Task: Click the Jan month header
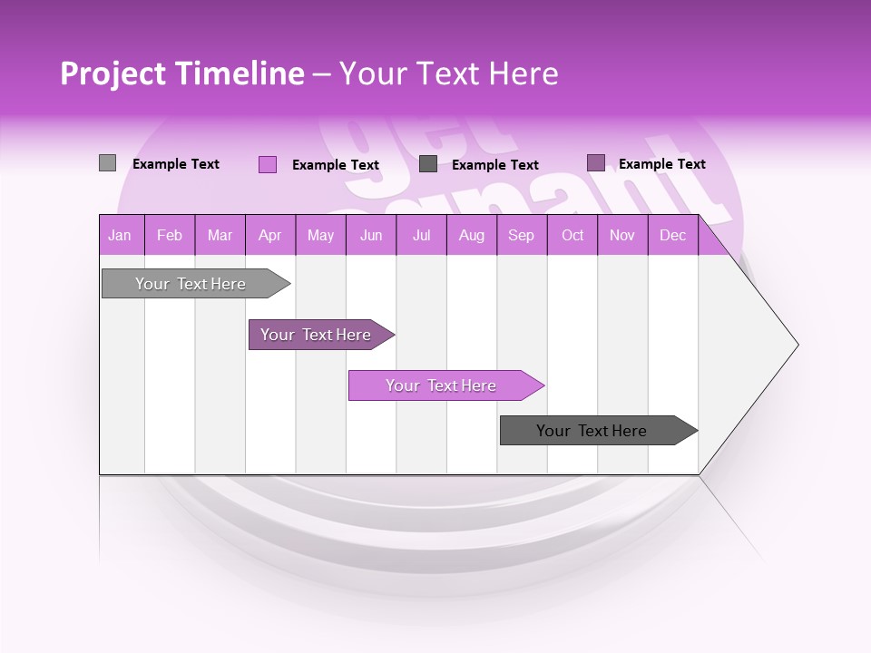120,236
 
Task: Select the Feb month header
170,236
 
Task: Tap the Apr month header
269,236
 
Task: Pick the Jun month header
371,236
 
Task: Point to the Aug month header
472,236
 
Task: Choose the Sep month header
521,236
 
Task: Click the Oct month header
573,236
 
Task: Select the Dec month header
672,236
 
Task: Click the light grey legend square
107,163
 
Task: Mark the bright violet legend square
267,164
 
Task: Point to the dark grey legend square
428,164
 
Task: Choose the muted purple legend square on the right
595,163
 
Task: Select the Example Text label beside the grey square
176,164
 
